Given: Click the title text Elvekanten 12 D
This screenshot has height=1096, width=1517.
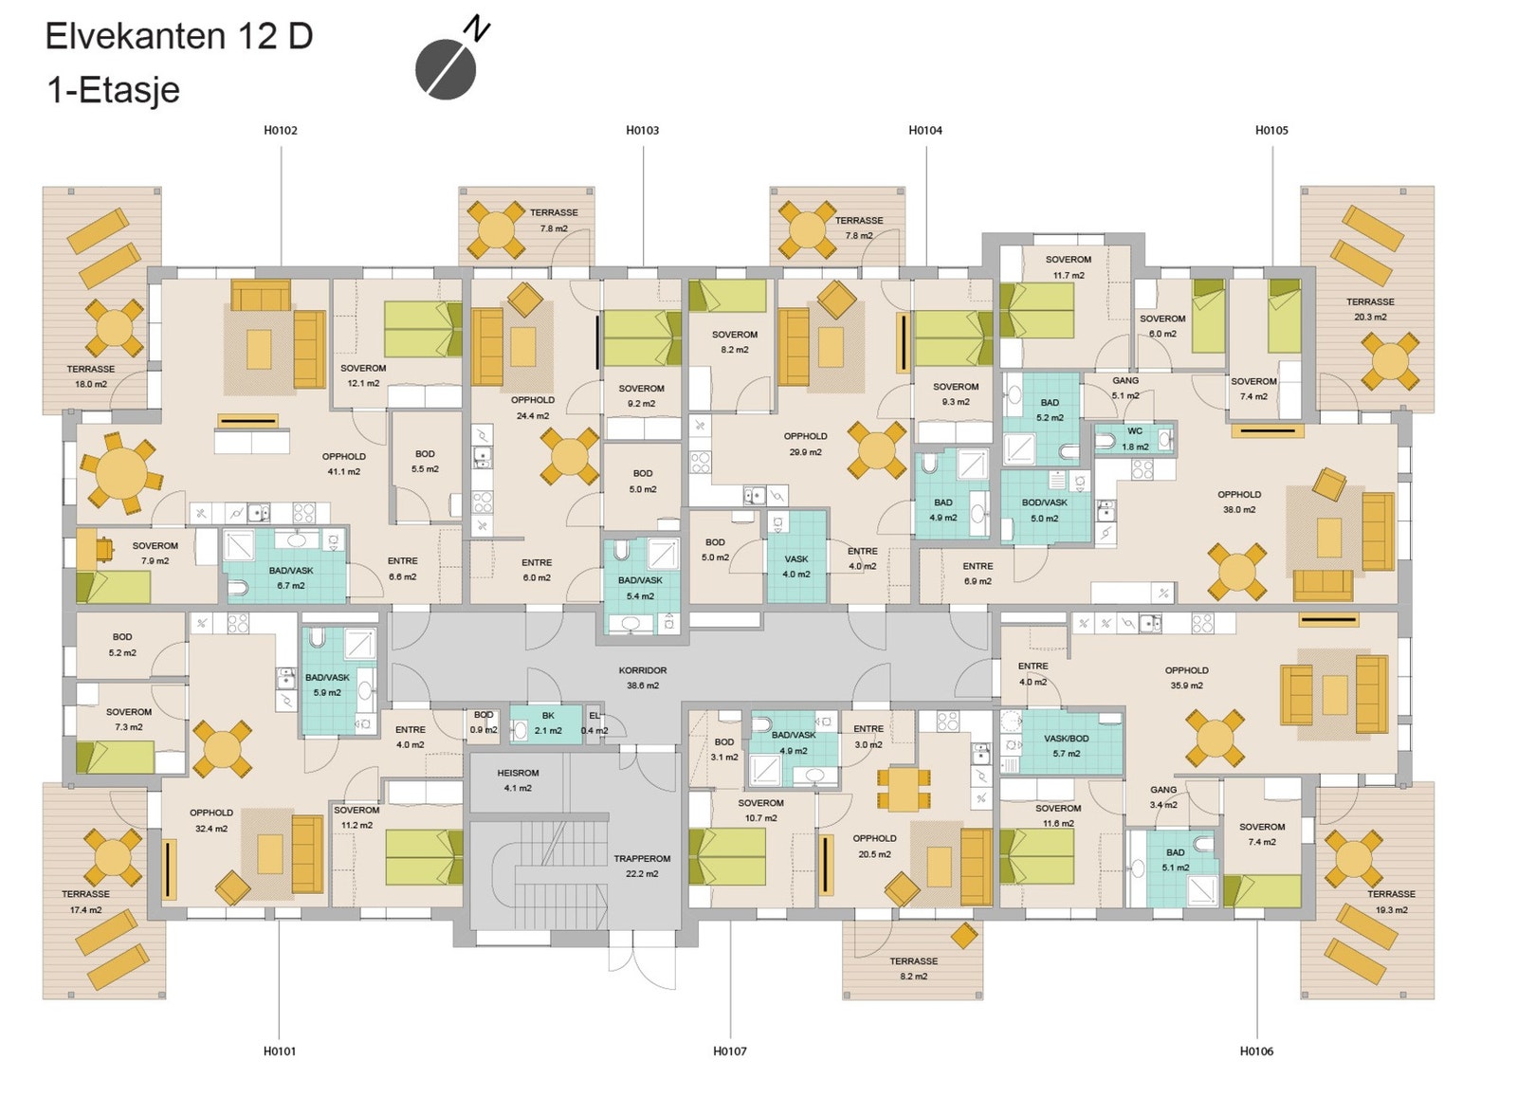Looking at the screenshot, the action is click(x=179, y=36).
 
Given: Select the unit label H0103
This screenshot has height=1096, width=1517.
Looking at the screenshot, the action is click(x=642, y=130).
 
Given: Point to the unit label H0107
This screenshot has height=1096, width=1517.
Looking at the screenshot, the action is click(x=729, y=1050).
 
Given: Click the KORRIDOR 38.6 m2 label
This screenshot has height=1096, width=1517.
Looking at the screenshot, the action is click(x=643, y=677).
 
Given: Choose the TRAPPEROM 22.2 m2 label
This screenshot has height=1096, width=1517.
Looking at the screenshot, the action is click(x=642, y=866).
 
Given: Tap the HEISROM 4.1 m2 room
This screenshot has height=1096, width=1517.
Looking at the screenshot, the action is click(x=518, y=780).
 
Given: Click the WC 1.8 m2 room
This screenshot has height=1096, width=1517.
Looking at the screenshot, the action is click(x=1135, y=439).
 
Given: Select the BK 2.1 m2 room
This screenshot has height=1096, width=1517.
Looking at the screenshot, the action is click(x=546, y=724).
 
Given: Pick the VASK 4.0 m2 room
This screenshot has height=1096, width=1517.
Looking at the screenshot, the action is click(x=796, y=557).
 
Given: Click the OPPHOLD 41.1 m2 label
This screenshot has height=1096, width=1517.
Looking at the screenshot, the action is click(x=344, y=464).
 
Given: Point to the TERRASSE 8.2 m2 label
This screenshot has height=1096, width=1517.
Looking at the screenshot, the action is click(x=914, y=968).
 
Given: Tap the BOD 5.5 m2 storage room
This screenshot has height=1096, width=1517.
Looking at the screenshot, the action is click(x=427, y=467).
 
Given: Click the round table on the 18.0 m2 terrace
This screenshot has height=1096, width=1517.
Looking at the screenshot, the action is click(x=115, y=328).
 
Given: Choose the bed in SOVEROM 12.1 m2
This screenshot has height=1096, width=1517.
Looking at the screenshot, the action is click(x=423, y=329).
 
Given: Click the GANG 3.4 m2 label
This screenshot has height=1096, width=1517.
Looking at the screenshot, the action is click(x=1163, y=797).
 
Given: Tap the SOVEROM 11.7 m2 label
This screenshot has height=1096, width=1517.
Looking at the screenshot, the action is click(x=1068, y=266).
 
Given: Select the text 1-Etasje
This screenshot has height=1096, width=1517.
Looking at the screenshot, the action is click(x=114, y=90).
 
